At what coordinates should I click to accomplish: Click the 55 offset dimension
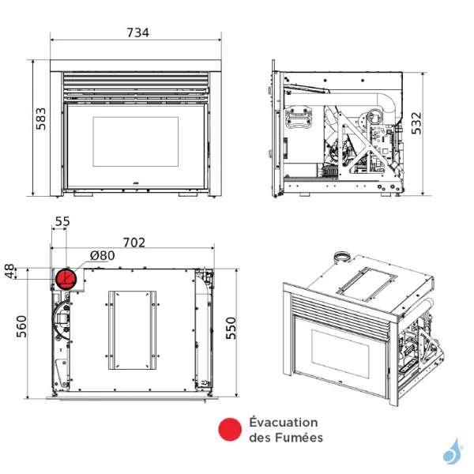62,223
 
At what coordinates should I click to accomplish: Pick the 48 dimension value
10,272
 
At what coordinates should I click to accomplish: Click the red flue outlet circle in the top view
65,278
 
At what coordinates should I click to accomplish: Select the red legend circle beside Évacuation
229,430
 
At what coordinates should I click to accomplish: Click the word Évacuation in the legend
283,423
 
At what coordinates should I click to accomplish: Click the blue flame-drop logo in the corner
453,450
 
